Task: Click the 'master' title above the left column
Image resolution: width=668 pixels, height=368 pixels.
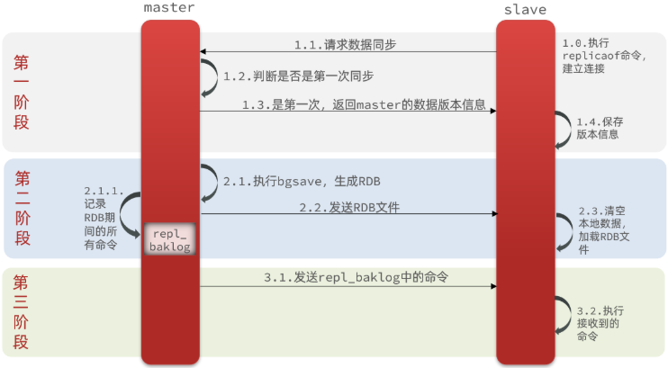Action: [169, 8]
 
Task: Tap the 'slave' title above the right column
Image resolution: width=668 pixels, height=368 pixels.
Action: [525, 9]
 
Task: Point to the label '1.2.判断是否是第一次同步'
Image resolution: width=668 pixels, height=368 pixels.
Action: [299, 76]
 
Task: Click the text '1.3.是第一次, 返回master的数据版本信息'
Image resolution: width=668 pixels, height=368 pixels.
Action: [364, 104]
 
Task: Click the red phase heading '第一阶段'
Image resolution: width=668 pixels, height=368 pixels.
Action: [22, 92]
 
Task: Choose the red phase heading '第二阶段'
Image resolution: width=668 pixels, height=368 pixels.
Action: [22, 207]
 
